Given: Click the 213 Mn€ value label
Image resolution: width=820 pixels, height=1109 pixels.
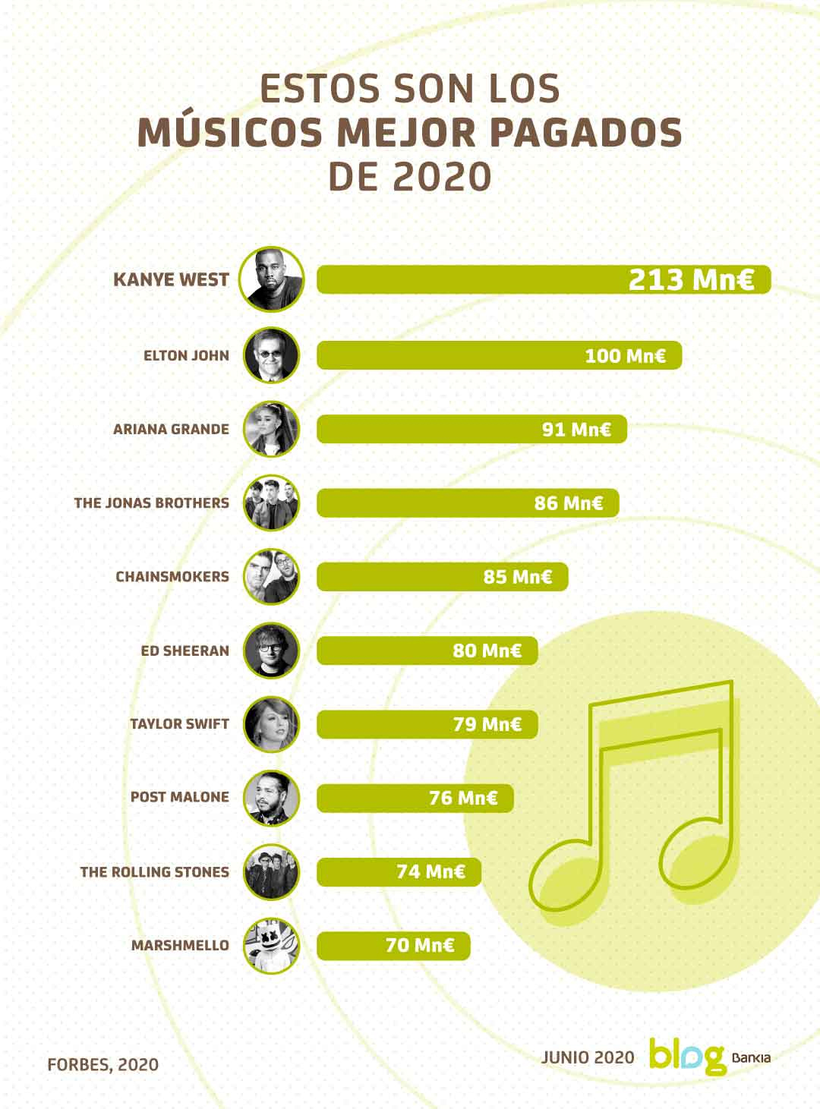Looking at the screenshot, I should (690, 279).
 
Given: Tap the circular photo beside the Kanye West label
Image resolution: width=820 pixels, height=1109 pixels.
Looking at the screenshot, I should (271, 279).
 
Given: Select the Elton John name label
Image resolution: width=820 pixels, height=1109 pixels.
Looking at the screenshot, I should (186, 355).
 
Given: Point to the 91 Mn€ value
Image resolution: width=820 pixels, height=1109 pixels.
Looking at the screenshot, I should (576, 430).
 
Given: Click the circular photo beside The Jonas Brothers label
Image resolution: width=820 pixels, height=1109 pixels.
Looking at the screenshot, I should (271, 503).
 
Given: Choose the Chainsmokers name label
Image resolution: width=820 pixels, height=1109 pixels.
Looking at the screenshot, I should (172, 577).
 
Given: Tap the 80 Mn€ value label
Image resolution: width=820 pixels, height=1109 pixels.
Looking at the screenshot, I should (487, 651).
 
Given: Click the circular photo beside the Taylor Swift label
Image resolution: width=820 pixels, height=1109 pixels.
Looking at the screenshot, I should (271, 724).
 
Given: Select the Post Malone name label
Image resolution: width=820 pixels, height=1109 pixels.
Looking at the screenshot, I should (179, 797).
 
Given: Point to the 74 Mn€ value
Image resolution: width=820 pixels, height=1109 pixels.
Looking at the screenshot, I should (430, 871).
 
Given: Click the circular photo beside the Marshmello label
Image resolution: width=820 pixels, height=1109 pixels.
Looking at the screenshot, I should (271, 946).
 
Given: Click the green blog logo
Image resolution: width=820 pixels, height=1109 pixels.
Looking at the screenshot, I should (686, 1056).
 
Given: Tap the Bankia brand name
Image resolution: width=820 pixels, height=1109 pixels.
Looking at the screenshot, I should (751, 1057).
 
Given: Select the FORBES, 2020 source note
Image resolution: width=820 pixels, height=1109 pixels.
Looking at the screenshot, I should (102, 1064).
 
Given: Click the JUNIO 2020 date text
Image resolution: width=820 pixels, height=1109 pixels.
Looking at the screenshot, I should (587, 1057).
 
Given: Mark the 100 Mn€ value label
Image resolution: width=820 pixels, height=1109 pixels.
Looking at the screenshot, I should (625, 356).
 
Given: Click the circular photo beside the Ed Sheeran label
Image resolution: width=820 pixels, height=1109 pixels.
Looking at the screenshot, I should (271, 651).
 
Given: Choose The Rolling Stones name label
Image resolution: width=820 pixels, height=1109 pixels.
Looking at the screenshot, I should (154, 871).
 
